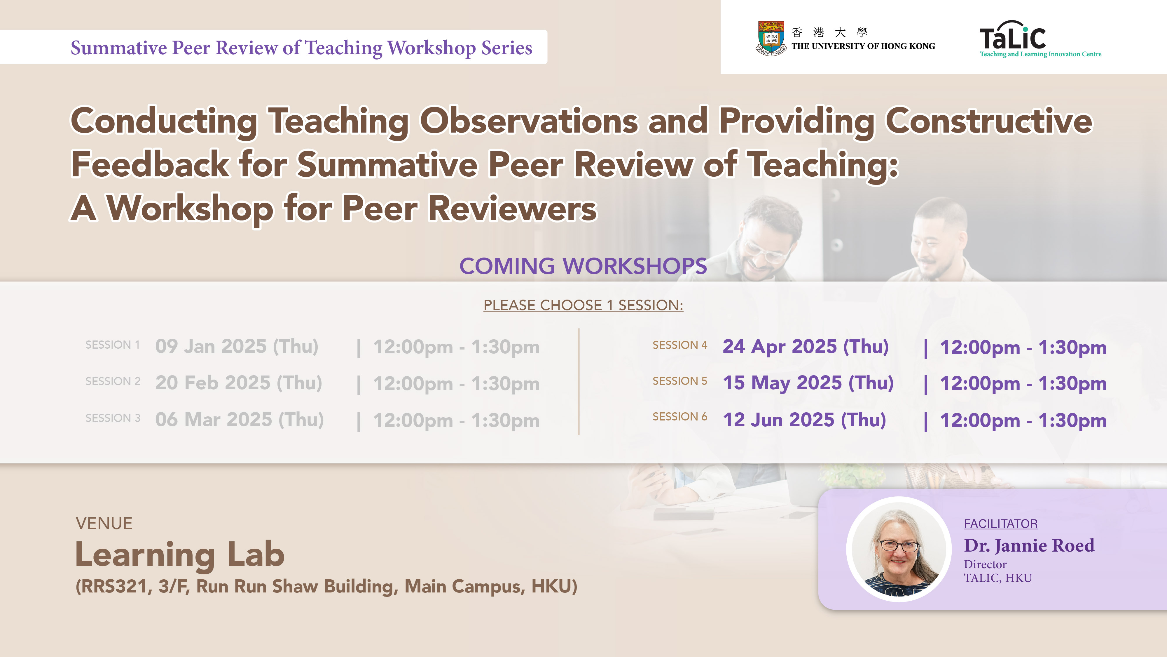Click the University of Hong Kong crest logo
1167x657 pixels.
pos(771,38)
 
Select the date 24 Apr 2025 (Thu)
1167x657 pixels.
pos(806,347)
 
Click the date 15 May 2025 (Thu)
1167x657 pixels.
pos(808,383)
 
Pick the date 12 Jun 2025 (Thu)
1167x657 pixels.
pos(804,420)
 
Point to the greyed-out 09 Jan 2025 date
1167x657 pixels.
pos(237,347)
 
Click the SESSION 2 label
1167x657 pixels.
pos(113,381)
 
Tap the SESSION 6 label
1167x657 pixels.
pos(679,417)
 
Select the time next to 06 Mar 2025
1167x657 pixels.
pos(456,421)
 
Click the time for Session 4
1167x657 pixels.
pos(1023,348)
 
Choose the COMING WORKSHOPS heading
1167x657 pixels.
pos(583,266)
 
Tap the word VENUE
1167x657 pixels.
pos(104,524)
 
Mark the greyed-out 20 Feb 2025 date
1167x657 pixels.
pos(239,383)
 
